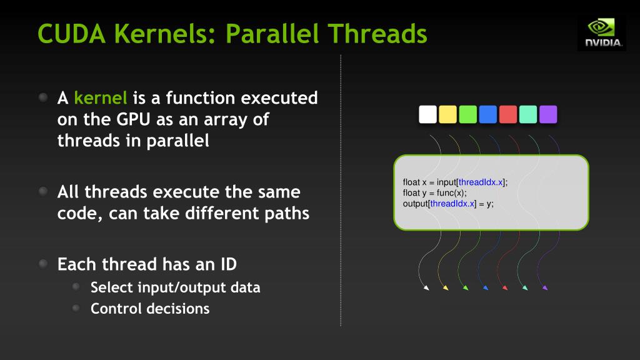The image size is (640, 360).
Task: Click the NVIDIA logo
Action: (602, 32)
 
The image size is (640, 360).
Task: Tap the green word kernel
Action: (101, 98)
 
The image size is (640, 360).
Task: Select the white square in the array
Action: (427, 114)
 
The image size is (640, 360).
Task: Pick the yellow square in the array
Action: (447, 114)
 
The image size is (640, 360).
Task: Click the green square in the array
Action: (467, 114)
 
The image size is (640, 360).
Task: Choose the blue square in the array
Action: (487, 114)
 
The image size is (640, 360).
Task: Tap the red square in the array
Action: (508, 114)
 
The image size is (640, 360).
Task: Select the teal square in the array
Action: (528, 114)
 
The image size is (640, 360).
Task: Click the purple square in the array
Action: (548, 114)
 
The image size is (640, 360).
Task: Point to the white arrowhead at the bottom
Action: (426, 288)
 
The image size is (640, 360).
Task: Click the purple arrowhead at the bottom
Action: (545, 288)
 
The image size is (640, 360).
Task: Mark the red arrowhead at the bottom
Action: (504, 288)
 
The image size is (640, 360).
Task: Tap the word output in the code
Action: (415, 204)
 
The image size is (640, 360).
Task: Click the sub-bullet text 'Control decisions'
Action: (150, 309)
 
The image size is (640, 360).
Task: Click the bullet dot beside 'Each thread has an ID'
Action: (42, 264)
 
